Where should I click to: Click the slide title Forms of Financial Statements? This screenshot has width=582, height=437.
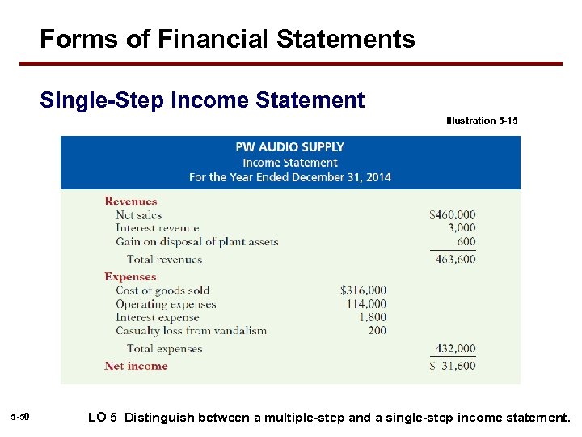(x=227, y=39)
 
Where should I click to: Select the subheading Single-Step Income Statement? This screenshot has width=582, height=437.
(x=202, y=100)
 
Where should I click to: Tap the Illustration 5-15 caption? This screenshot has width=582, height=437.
(x=482, y=121)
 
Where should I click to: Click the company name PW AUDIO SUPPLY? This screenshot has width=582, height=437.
(x=289, y=147)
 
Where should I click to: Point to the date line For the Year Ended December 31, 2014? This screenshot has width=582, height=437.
(x=289, y=177)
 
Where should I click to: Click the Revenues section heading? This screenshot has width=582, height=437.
(x=130, y=202)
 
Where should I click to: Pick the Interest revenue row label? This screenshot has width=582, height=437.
(x=157, y=228)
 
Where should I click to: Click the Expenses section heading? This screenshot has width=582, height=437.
(x=130, y=277)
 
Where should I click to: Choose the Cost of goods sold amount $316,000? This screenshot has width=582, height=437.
(x=364, y=291)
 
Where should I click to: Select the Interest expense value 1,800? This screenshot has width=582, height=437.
(x=373, y=317)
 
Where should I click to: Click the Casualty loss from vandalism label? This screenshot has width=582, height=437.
(x=191, y=330)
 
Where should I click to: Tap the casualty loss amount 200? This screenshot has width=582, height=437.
(x=377, y=330)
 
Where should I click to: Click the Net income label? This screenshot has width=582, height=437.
(x=136, y=366)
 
